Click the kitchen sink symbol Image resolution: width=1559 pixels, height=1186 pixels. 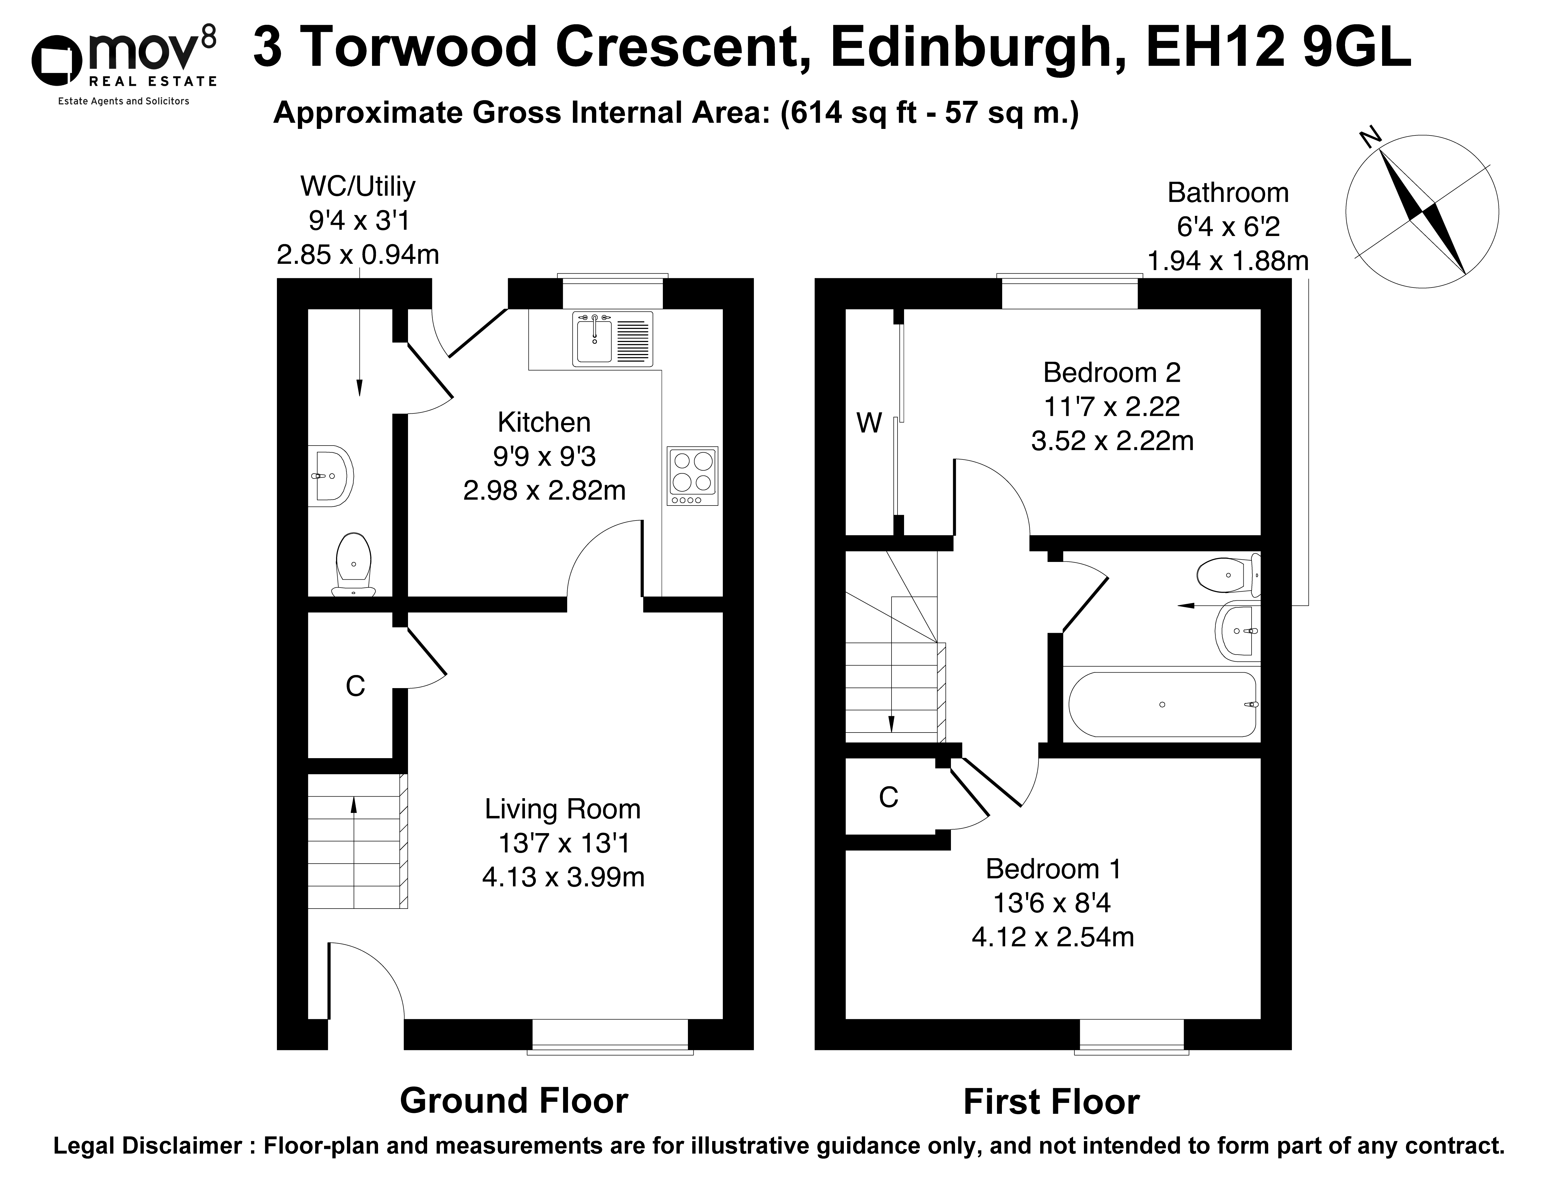(x=613, y=340)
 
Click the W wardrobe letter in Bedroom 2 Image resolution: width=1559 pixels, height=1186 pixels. (x=869, y=423)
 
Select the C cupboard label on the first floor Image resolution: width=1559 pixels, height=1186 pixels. (x=888, y=797)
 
